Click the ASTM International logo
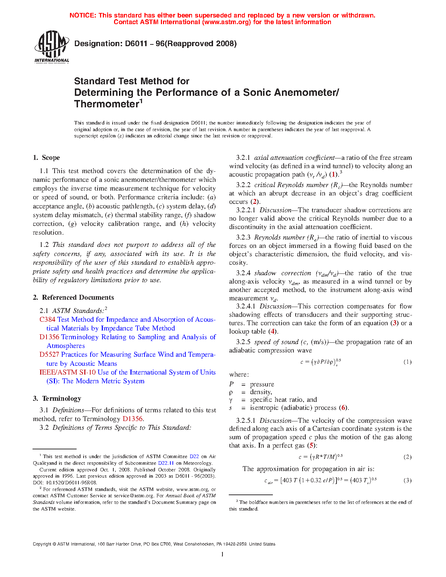point(52,47)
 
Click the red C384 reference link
point(47,320)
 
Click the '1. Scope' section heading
point(47,158)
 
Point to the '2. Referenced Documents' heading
point(73,298)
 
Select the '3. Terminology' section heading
point(57,399)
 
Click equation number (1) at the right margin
point(407,362)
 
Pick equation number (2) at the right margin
point(407,457)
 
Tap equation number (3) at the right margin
point(407,480)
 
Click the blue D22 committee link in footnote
point(194,456)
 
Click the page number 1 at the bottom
point(222,554)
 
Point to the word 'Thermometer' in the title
point(107,104)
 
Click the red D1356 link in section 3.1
point(133,419)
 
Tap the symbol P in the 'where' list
point(231,384)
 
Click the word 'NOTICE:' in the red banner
point(83,15)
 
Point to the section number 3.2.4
point(243,273)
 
